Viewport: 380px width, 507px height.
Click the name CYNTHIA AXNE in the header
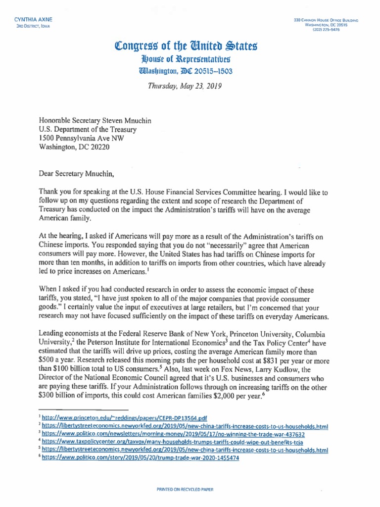pos(33,19)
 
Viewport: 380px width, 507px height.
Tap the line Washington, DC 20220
pos(74,147)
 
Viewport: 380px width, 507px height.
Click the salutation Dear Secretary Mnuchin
pos(81,173)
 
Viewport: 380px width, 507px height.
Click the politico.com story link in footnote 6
pos(140,458)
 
